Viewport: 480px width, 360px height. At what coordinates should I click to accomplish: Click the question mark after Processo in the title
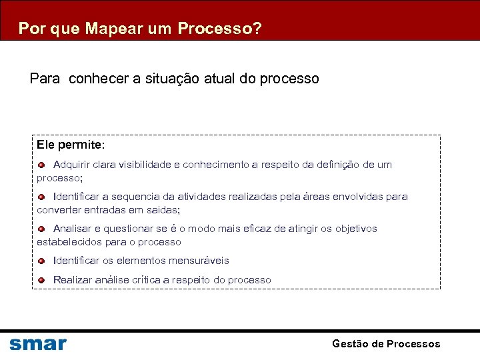(x=257, y=29)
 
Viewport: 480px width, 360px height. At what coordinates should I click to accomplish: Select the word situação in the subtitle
(x=167, y=79)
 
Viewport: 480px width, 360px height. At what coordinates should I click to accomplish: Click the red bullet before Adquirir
(x=41, y=164)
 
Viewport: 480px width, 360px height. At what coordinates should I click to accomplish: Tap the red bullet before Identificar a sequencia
(x=41, y=196)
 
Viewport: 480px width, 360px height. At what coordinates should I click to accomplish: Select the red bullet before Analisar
(x=41, y=228)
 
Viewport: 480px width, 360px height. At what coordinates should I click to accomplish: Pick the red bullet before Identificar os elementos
(x=41, y=261)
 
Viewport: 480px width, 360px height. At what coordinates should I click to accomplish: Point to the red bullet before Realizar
(x=41, y=280)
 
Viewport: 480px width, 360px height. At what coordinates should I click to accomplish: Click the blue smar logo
(x=38, y=344)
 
